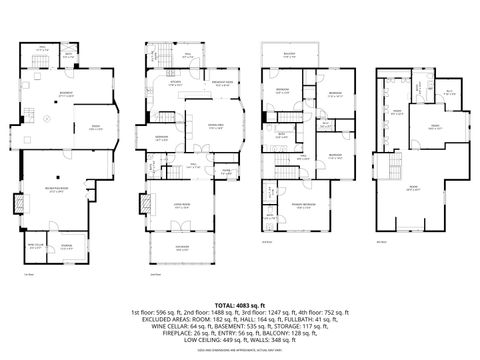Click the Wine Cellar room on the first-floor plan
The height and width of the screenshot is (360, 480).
point(35,245)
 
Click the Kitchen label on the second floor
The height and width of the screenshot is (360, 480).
point(176,84)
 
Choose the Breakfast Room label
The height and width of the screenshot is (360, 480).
point(223,84)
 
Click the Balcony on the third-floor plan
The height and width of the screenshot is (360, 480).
point(289,56)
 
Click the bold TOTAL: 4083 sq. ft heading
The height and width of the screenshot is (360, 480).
point(240,303)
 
